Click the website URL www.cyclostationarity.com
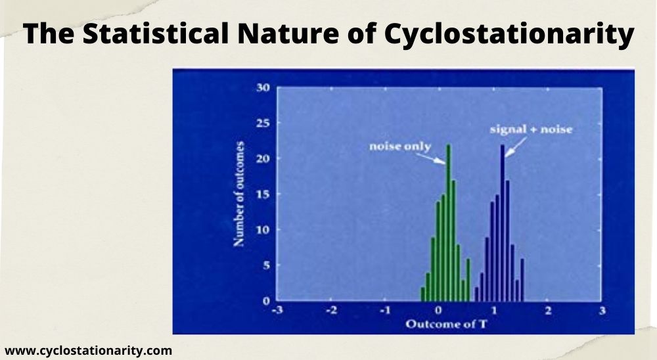pos(88,350)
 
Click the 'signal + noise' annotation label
pos(531,129)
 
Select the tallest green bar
pos(448,223)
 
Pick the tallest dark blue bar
pos(503,223)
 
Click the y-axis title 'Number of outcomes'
pos(240,194)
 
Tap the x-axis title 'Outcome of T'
pos(438,324)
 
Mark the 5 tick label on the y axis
pos(265,265)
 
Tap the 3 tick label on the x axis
pos(600,311)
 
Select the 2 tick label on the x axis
pos(547,311)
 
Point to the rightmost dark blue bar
pos(522,280)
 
